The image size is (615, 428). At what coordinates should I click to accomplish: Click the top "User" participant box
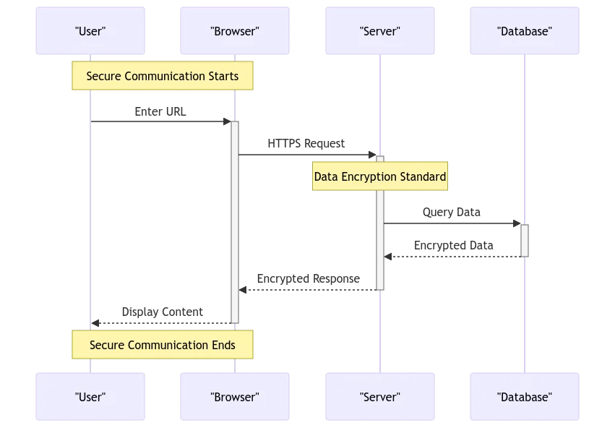point(90,31)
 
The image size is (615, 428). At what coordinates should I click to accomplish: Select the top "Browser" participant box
point(235,31)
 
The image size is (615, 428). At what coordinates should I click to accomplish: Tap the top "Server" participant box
point(379,31)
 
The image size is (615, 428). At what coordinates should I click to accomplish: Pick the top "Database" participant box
point(525,31)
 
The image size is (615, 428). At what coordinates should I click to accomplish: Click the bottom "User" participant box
point(90,397)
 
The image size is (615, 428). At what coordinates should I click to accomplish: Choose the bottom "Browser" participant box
point(235,397)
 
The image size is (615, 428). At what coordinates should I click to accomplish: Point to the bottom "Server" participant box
point(379,397)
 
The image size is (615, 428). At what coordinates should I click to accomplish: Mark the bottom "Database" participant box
point(525,397)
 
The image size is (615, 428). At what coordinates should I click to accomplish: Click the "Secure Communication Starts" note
point(163,76)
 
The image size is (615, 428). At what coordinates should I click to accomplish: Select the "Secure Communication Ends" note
point(163,345)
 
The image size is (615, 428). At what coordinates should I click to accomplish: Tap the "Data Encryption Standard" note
point(380,176)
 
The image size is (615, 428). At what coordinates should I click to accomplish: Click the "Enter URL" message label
point(160,111)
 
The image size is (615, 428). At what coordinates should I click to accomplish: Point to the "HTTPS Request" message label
point(306,143)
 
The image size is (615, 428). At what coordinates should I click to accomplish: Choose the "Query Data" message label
point(452,212)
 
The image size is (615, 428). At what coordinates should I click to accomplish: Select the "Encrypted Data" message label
point(453,245)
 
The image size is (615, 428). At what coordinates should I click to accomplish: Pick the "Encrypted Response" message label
point(308,278)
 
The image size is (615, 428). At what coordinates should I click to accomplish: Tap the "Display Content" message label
point(162,312)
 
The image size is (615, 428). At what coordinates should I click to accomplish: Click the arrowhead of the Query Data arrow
point(517,223)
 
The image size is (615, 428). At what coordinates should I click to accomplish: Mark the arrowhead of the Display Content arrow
point(95,323)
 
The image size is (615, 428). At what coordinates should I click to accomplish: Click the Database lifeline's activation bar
point(525,240)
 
